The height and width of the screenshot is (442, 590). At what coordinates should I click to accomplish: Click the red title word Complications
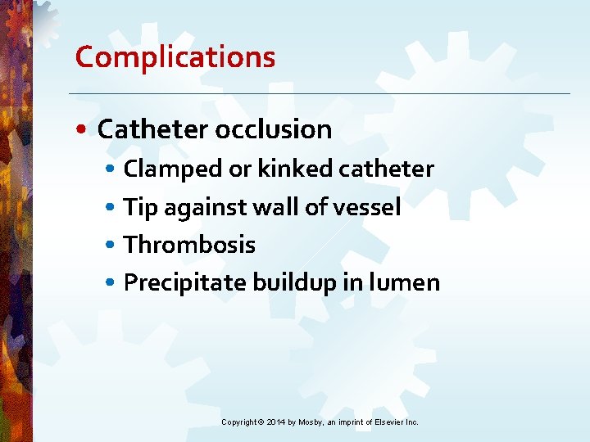(x=175, y=57)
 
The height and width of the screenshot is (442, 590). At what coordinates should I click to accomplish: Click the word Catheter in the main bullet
(x=153, y=129)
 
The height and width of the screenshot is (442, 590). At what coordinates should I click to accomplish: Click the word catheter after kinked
(x=386, y=169)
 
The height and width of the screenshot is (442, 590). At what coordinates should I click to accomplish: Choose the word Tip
(x=141, y=208)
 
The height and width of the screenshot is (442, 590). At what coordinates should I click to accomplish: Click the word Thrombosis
(x=189, y=245)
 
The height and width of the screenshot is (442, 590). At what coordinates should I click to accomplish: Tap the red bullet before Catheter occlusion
(x=85, y=130)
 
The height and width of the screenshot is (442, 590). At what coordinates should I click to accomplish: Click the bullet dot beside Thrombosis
(x=111, y=246)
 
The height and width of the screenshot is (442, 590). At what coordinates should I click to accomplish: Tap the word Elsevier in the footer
(x=392, y=422)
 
